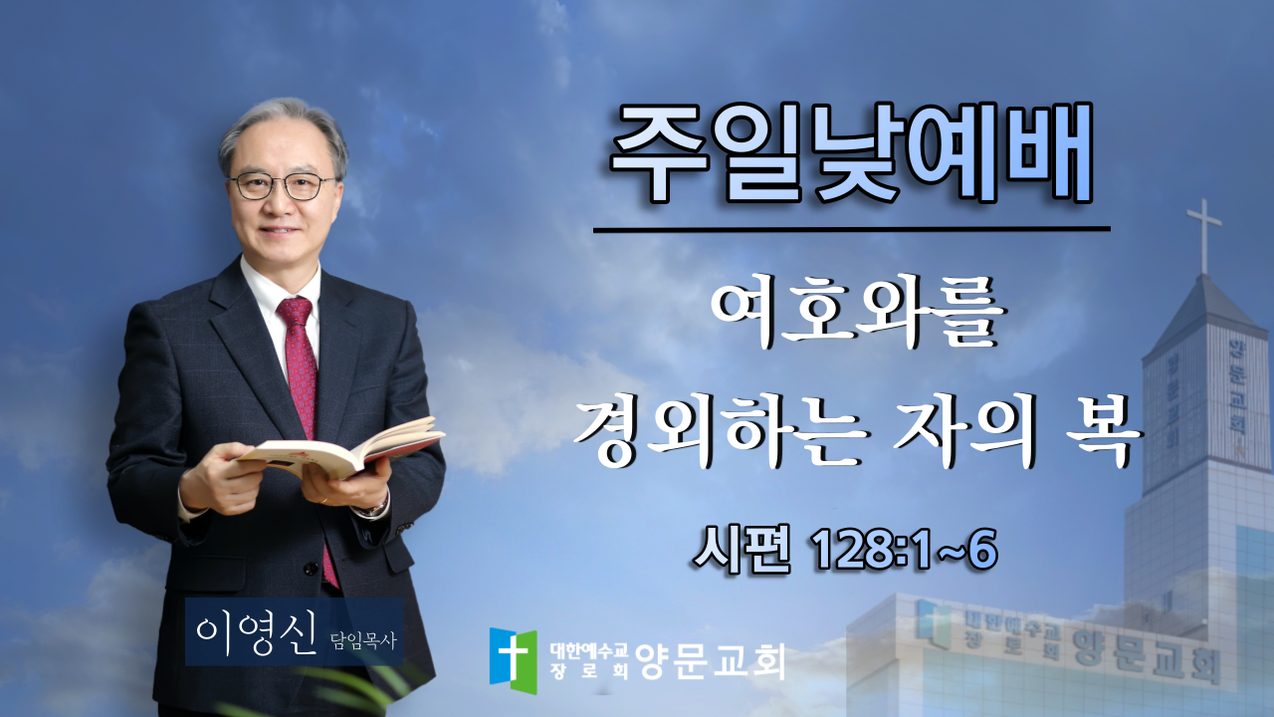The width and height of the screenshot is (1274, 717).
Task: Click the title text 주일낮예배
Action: [x=851, y=152]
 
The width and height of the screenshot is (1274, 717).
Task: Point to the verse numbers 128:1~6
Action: [x=906, y=549]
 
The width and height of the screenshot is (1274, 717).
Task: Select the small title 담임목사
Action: [x=363, y=641]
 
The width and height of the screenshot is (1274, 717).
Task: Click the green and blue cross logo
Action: [x=513, y=659]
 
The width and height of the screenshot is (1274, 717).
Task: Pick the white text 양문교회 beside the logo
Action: [x=710, y=660]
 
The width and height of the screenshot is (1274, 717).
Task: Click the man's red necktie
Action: [x=303, y=398]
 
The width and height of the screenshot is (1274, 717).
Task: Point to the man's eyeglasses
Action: [x=281, y=185]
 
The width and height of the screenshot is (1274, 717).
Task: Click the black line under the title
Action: [x=851, y=229]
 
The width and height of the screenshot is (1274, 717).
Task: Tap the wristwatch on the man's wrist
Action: [x=375, y=508]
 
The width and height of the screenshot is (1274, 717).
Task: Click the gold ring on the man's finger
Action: [x=324, y=500]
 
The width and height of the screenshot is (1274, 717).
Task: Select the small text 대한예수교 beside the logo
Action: [x=588, y=650]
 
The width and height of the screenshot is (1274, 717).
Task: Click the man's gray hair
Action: [x=283, y=128]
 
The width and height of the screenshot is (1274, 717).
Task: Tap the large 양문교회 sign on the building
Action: [x=1146, y=655]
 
